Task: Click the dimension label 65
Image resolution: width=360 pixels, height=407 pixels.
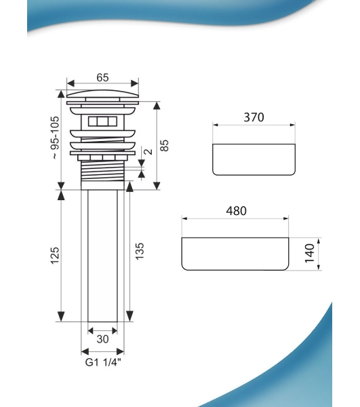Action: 102,77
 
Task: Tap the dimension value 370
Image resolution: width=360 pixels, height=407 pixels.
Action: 254,117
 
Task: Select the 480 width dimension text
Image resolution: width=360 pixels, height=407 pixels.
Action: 237,211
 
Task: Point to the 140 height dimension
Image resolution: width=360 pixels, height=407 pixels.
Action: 309,253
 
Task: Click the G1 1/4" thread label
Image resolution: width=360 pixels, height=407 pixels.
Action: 103,362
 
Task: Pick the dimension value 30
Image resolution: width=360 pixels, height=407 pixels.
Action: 102,339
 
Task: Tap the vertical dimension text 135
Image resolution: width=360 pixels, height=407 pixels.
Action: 139,251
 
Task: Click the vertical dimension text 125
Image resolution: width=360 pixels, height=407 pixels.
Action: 55,256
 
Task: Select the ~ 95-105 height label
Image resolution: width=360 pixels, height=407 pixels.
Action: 55,138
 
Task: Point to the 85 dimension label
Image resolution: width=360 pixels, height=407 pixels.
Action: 165,145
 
